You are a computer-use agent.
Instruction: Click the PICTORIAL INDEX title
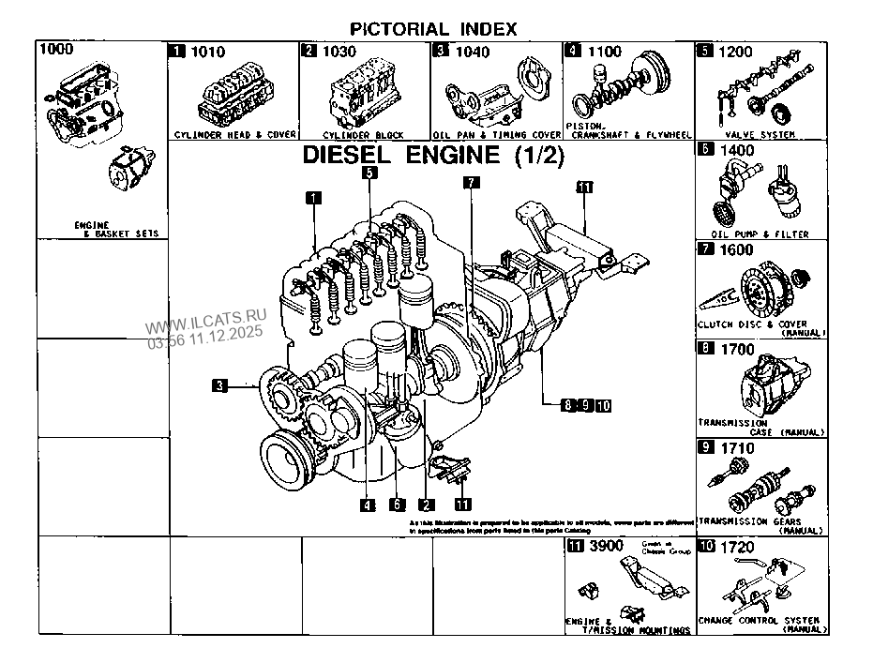pos(433,27)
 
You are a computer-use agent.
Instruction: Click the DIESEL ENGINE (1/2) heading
pos(432,157)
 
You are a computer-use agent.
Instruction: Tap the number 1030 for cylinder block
pos(339,52)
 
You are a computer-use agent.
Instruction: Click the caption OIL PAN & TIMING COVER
pos(496,135)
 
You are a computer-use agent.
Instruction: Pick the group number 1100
pos(604,52)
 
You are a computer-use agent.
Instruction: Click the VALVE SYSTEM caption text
pos(760,135)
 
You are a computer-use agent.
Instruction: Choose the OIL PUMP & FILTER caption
pos(760,234)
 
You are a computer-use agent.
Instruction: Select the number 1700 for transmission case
pos(736,350)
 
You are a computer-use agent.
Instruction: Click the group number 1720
pos(736,545)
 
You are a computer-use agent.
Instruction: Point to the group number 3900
pos(605,545)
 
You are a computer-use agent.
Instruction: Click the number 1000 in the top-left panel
pos(57,49)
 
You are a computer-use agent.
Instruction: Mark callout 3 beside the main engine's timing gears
pos(219,384)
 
